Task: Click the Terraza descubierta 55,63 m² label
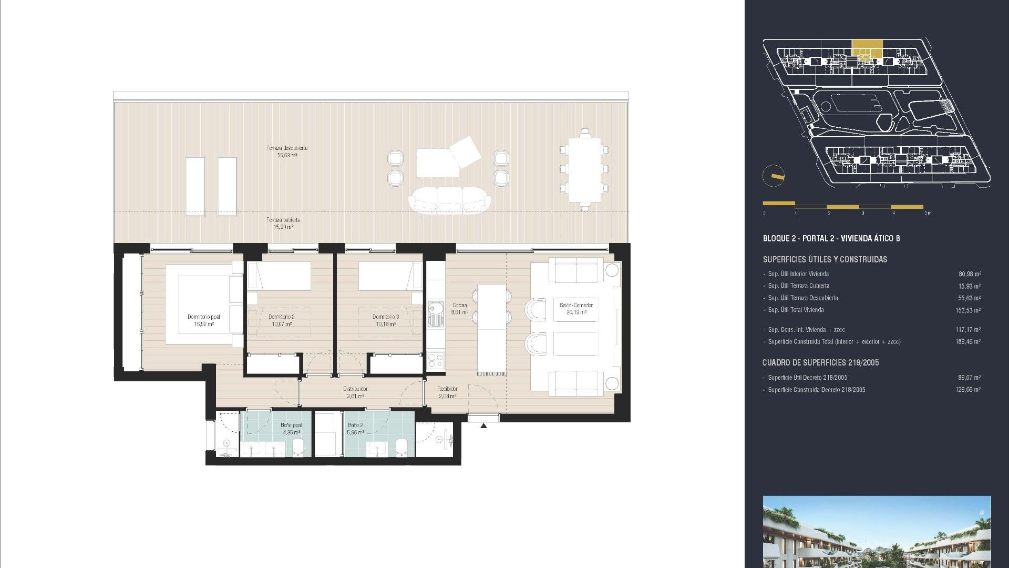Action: (x=287, y=151)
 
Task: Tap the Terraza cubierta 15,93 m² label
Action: (x=283, y=224)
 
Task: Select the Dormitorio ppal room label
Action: (x=204, y=320)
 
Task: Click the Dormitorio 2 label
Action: (x=281, y=320)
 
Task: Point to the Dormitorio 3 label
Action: (x=386, y=320)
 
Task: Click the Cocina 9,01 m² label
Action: (x=460, y=309)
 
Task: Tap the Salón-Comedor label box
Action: (x=576, y=309)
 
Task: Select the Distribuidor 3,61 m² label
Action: (x=355, y=392)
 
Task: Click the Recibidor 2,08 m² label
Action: (x=447, y=392)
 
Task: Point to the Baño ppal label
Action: (x=291, y=429)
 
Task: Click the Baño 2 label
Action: (x=355, y=429)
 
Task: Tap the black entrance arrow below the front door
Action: (x=483, y=425)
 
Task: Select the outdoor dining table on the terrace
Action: (x=584, y=170)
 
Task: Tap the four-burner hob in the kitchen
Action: (x=436, y=360)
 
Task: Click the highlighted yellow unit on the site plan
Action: (x=867, y=48)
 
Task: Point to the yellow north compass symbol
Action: (x=774, y=176)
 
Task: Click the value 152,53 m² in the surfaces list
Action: (x=968, y=310)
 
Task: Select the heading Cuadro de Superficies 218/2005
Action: (x=820, y=362)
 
